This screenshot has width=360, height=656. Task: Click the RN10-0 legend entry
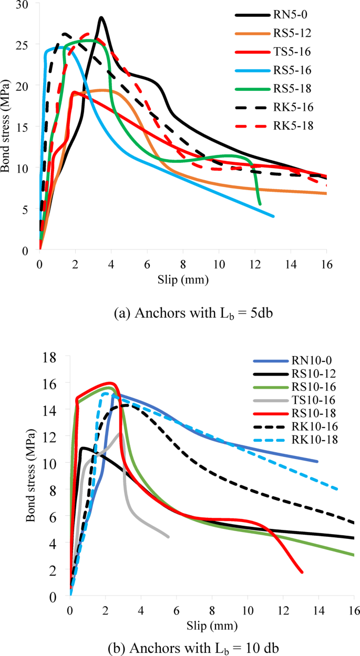click(x=315, y=362)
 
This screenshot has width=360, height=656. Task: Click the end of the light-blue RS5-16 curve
click(x=273, y=216)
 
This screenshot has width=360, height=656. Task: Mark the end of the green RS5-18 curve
click(x=260, y=204)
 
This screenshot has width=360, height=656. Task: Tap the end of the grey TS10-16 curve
click(x=168, y=537)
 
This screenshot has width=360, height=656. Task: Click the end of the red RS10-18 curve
click(x=302, y=572)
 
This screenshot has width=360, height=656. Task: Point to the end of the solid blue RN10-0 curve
click(x=317, y=462)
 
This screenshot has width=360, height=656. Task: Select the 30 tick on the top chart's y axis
click(x=24, y=4)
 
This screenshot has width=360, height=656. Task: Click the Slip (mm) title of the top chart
click(x=183, y=280)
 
